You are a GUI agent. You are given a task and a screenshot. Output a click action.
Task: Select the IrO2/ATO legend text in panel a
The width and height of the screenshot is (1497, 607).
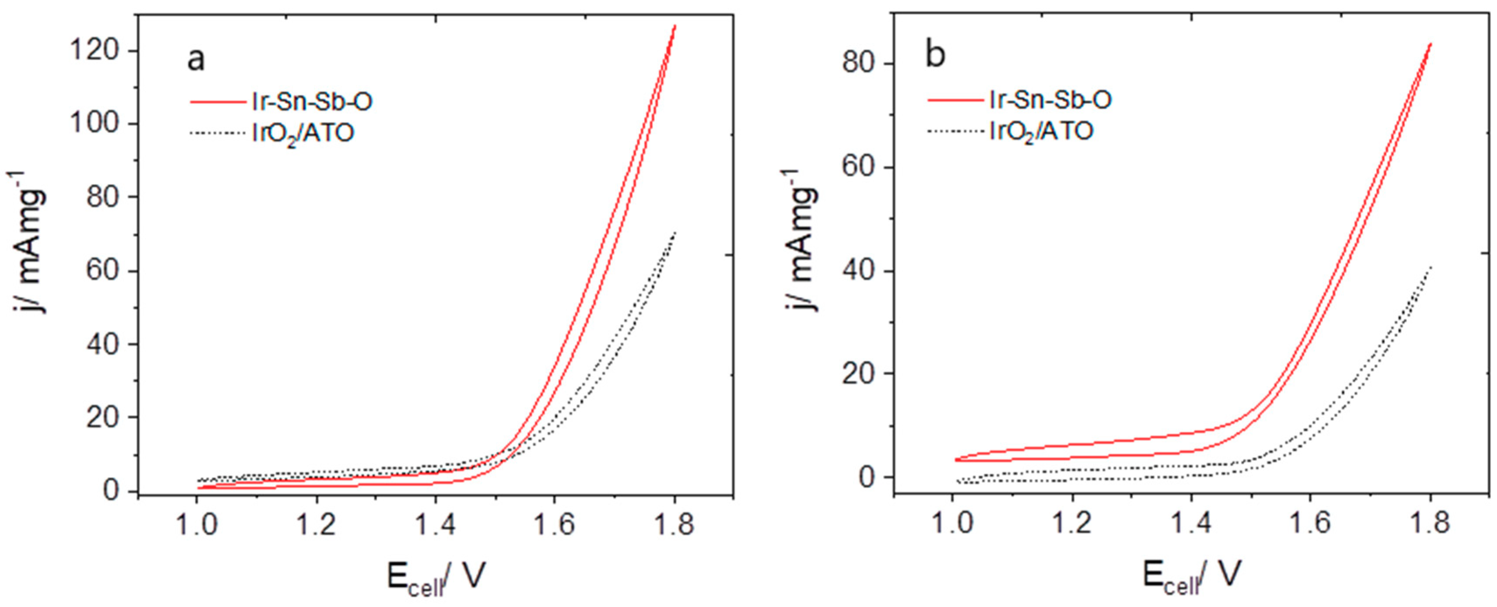coord(303,135)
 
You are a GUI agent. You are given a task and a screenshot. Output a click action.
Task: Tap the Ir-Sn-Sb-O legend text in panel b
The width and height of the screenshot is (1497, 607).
coord(1051,101)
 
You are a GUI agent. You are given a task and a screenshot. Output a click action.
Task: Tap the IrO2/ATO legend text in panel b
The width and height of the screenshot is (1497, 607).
coord(1041,132)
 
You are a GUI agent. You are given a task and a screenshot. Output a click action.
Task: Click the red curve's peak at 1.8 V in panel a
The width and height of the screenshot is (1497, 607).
coord(675,26)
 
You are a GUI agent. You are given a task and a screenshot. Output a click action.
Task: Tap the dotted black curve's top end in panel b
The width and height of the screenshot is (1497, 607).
coord(1430,267)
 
